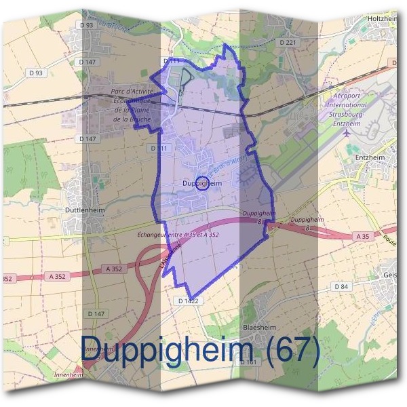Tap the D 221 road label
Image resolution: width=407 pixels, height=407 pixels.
tap(288, 43)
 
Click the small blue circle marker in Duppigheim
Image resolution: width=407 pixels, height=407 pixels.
tap(201, 182)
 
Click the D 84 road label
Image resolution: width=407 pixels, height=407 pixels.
tap(341, 287)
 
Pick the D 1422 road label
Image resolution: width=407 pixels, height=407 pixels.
tap(188, 301)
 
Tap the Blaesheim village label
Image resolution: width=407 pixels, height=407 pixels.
tap(259, 326)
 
